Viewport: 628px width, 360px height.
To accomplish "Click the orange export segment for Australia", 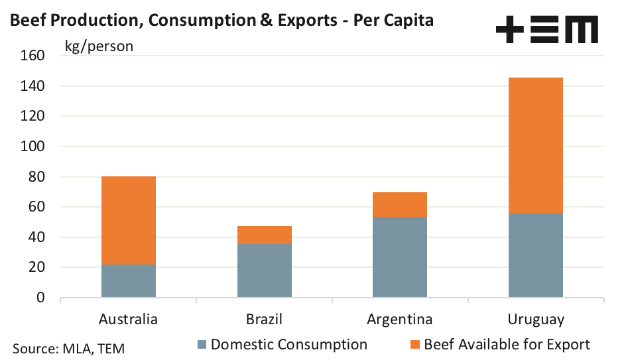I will click(129, 221).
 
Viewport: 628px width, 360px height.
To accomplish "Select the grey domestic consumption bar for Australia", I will click(129, 282).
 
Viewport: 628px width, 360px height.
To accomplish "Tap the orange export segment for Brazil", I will click(265, 235).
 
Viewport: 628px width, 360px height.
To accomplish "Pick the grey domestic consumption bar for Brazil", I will click(265, 271).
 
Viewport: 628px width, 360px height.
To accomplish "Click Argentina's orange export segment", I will click(400, 205).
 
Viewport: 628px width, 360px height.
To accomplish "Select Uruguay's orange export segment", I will click(536, 145).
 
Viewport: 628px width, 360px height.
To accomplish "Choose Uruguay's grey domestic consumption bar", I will click(536, 255).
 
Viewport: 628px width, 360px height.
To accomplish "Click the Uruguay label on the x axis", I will click(536, 320).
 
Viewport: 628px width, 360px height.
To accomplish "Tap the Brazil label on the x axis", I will click(265, 320).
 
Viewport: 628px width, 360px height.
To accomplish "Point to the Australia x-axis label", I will click(129, 320).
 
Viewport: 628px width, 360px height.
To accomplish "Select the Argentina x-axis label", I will click(400, 320).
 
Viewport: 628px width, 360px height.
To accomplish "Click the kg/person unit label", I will click(99, 46).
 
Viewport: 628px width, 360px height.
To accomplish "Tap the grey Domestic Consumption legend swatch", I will click(202, 345).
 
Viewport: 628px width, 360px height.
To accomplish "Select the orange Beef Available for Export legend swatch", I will click(415, 345).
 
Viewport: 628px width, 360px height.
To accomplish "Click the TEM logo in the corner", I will click(547, 30).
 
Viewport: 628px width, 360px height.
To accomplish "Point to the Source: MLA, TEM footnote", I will click(69, 347).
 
